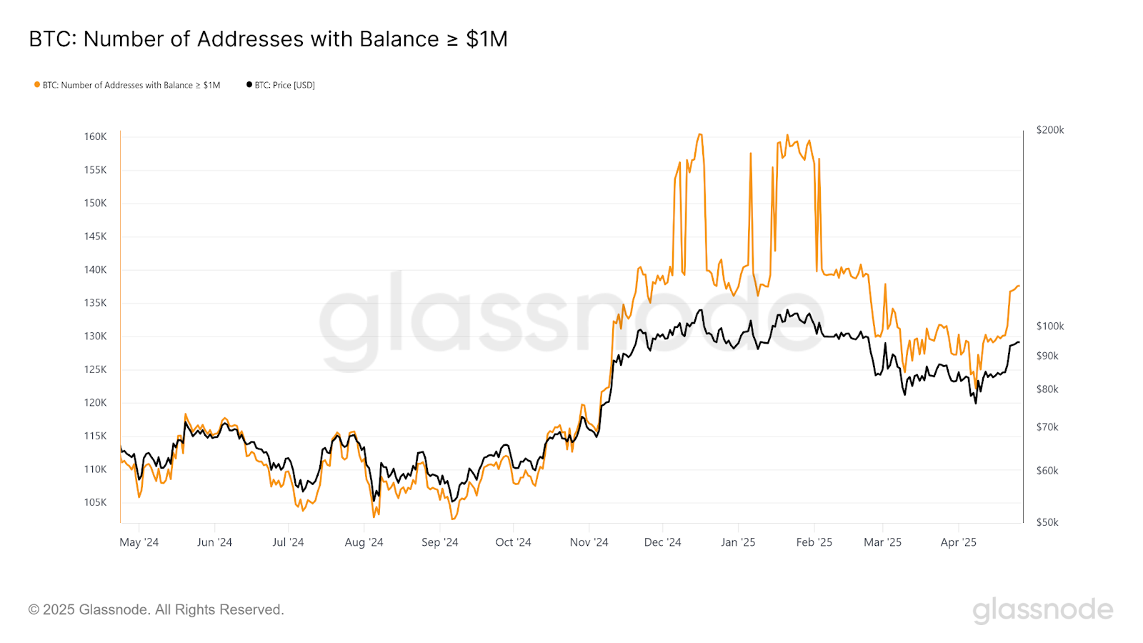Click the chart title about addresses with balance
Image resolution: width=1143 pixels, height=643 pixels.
pos(268,39)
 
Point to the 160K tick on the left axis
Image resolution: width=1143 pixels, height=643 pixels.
pos(95,136)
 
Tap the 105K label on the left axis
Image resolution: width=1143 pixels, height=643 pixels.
pos(95,502)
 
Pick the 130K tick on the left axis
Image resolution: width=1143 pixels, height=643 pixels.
pos(95,336)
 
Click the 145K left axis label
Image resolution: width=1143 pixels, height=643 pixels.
pos(95,236)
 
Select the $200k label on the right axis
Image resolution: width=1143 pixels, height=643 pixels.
pos(1049,130)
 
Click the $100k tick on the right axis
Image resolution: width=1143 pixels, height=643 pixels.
pos(1049,326)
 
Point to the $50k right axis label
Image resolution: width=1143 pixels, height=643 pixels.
pos(1047,522)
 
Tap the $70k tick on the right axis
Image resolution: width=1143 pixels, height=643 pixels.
pos(1047,427)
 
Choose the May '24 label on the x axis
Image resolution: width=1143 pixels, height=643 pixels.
pos(139,542)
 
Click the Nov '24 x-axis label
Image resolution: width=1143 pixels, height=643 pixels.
pos(589,542)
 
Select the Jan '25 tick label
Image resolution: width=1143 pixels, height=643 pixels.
pos(738,542)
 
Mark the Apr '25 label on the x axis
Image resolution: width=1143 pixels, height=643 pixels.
pos(958,542)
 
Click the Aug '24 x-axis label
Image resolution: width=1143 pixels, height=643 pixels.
pos(364,542)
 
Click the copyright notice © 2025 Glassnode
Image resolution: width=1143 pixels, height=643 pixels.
pos(156,609)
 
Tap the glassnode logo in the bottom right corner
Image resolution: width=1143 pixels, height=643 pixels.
pos(1042,610)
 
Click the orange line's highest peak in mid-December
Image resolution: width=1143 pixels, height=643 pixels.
pos(699,134)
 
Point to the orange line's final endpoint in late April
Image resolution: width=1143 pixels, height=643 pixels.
pos(1019,286)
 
